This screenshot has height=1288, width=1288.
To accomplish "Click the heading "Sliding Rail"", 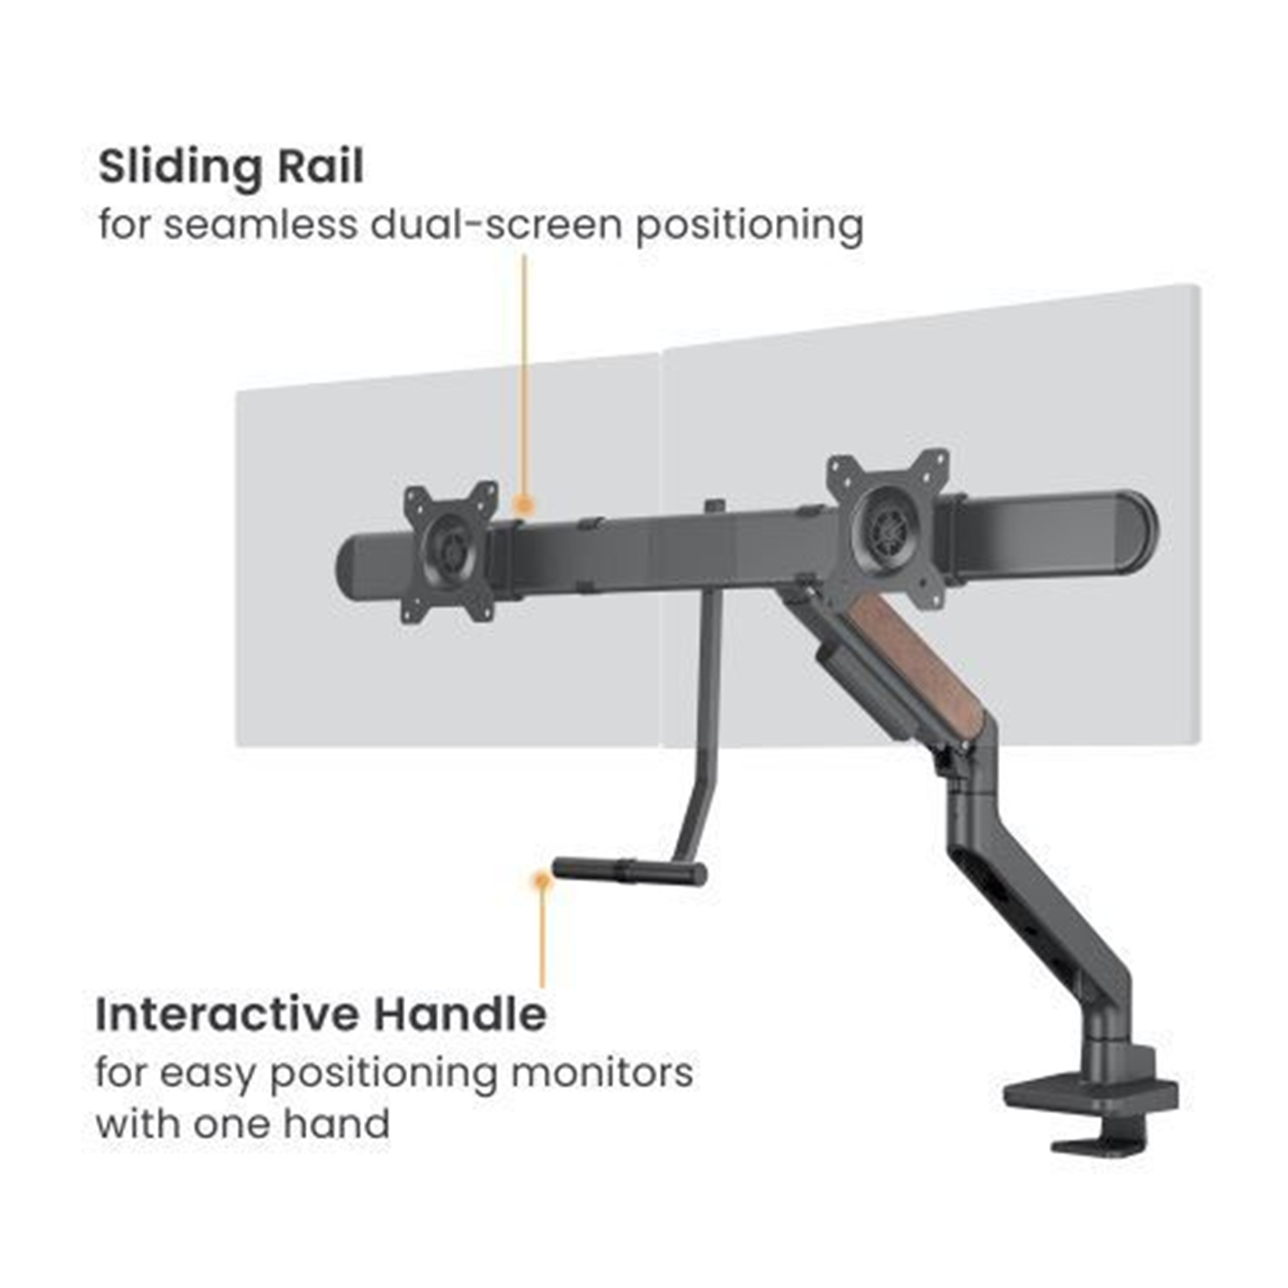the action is (231, 167).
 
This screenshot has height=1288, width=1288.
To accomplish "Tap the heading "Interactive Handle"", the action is (321, 1014).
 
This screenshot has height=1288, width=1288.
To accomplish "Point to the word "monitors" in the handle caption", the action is (601, 1073).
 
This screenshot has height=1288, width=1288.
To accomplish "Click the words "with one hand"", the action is (242, 1124).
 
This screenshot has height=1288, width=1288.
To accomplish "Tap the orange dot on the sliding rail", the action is (524, 505).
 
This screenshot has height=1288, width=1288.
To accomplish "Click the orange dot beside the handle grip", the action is (542, 880).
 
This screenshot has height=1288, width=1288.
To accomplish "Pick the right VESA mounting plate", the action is (888, 518).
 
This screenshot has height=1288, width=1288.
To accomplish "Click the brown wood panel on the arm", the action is (930, 662).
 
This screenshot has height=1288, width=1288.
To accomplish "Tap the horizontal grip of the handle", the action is (630, 871).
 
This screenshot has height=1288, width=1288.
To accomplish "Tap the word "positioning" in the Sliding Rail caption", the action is (749, 226).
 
